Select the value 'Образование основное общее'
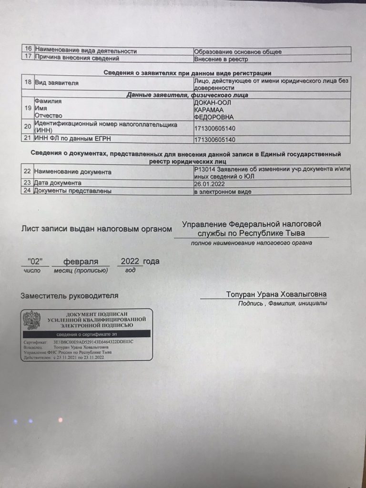point(237,51)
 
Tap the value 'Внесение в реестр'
point(221,59)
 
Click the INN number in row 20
point(215,128)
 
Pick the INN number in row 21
point(215,140)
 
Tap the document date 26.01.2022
point(210,183)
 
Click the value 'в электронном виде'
point(223,192)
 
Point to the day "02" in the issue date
point(36,262)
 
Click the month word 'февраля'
point(81,262)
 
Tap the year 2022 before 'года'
point(130,261)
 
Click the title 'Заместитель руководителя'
point(69,295)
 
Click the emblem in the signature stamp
point(32,320)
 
